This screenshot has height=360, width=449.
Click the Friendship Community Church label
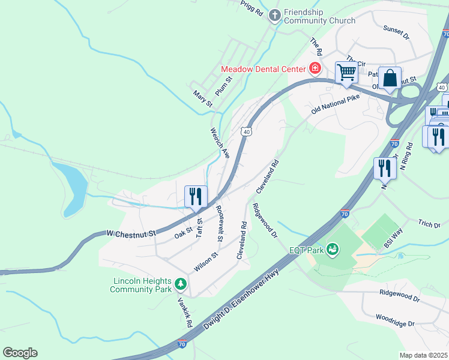pyautogui.click(x=312, y=16)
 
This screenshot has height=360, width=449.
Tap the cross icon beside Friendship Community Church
pyautogui.click(x=274, y=16)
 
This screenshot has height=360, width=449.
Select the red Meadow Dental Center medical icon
pyautogui.click(x=314, y=69)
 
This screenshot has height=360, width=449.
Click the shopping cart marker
pyautogui.click(x=346, y=72)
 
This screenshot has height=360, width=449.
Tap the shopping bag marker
pyautogui.click(x=390, y=78)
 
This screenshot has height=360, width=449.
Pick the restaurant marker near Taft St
pyautogui.click(x=196, y=196)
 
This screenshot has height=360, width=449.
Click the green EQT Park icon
pyautogui.click(x=332, y=249)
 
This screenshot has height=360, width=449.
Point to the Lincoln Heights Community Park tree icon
pyautogui.click(x=179, y=283)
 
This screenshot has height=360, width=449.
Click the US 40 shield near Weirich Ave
pyautogui.click(x=246, y=131)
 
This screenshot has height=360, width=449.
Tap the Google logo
pyautogui.click(x=20, y=353)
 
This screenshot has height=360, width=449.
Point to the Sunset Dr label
pyautogui.click(x=396, y=32)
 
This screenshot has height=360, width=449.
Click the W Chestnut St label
pyautogui.click(x=131, y=232)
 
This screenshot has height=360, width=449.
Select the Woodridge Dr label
pyautogui.click(x=395, y=320)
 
